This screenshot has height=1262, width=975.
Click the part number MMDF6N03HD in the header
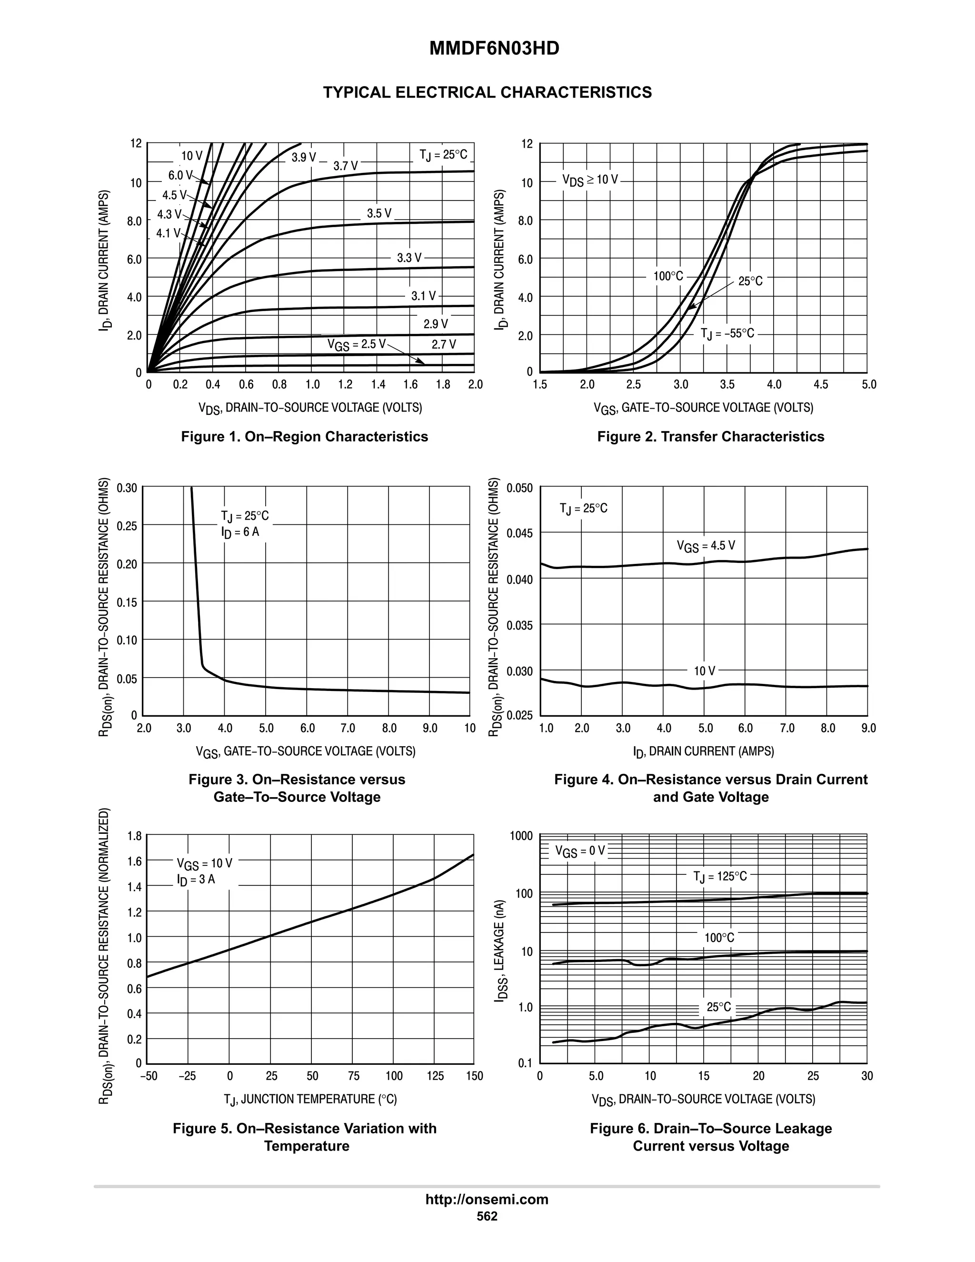point(494,49)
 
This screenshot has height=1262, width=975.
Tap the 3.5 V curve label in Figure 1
point(379,214)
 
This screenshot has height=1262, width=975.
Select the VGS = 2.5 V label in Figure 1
point(356,344)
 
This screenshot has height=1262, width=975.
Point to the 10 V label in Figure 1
point(192,156)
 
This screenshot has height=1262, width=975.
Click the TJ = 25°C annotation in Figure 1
point(443,155)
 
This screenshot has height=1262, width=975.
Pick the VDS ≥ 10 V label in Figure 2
point(590,180)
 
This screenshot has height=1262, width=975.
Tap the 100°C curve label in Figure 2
point(668,276)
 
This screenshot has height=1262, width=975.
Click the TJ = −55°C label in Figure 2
point(727,333)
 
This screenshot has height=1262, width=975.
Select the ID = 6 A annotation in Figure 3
point(240,532)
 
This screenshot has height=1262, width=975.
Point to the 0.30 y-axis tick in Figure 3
point(127,488)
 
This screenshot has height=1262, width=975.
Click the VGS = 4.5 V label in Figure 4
point(706,546)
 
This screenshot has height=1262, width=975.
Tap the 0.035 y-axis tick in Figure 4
point(519,625)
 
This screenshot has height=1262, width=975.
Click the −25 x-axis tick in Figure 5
point(187,1076)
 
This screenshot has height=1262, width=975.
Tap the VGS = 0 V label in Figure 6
point(580,851)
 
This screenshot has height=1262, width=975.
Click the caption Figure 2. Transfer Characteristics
point(710,436)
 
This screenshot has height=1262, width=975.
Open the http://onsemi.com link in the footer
point(487,1199)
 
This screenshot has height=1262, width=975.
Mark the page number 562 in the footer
point(487,1216)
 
